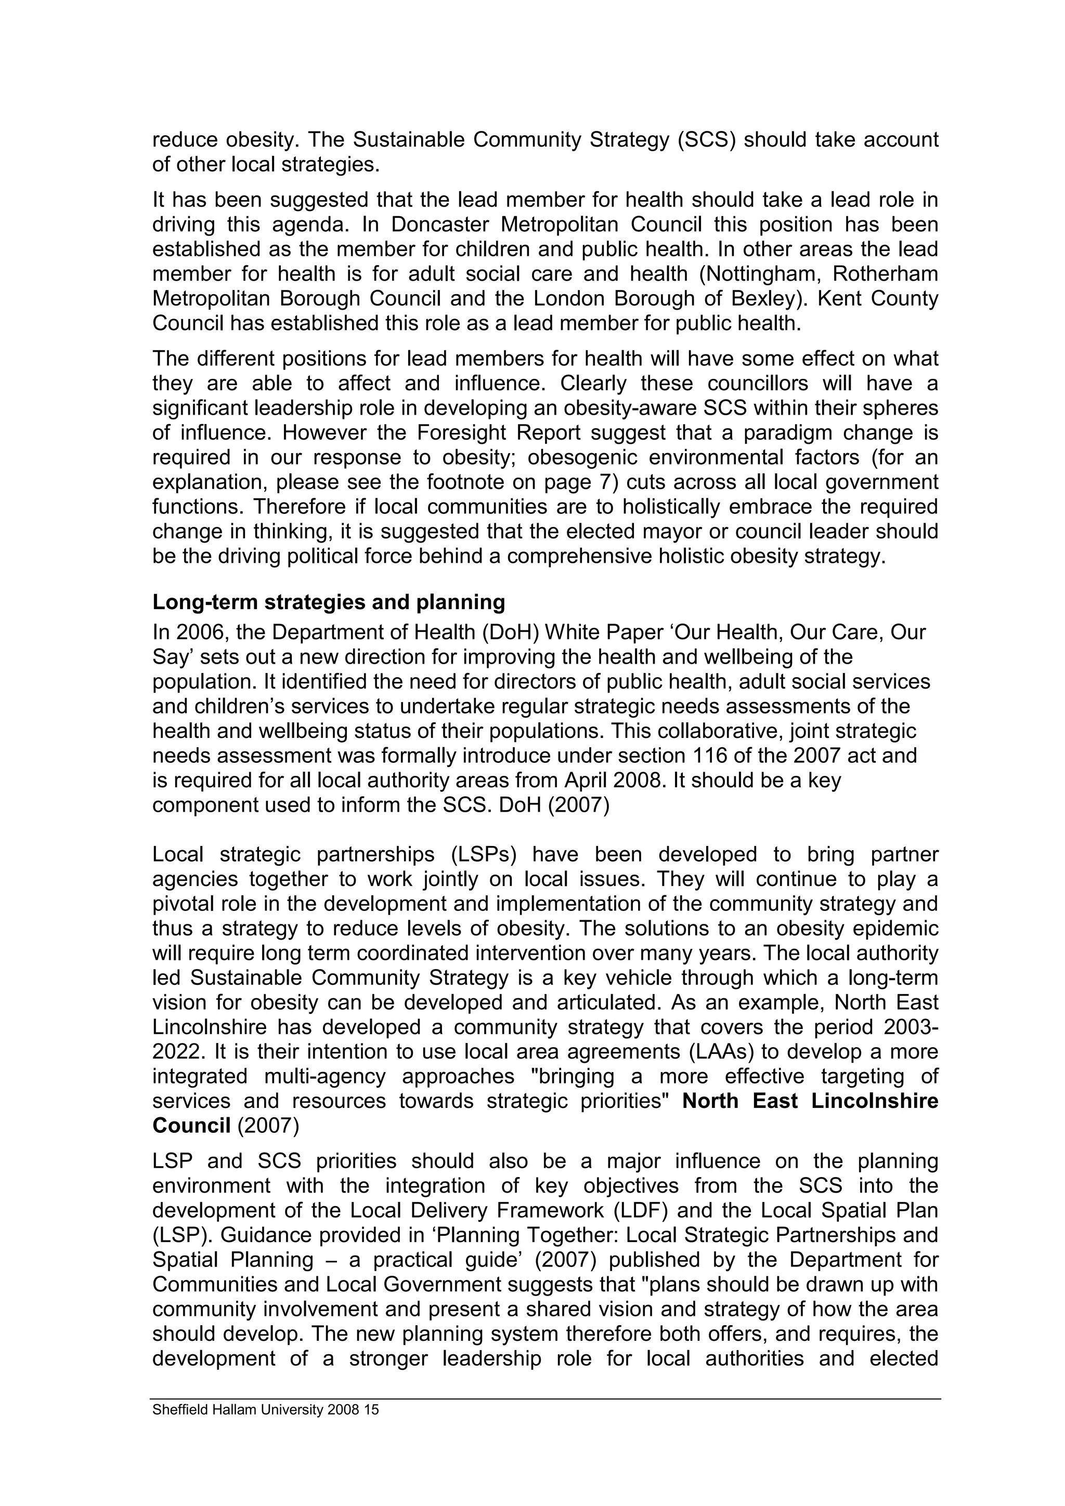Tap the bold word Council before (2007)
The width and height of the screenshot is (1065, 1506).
tap(191, 1126)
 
